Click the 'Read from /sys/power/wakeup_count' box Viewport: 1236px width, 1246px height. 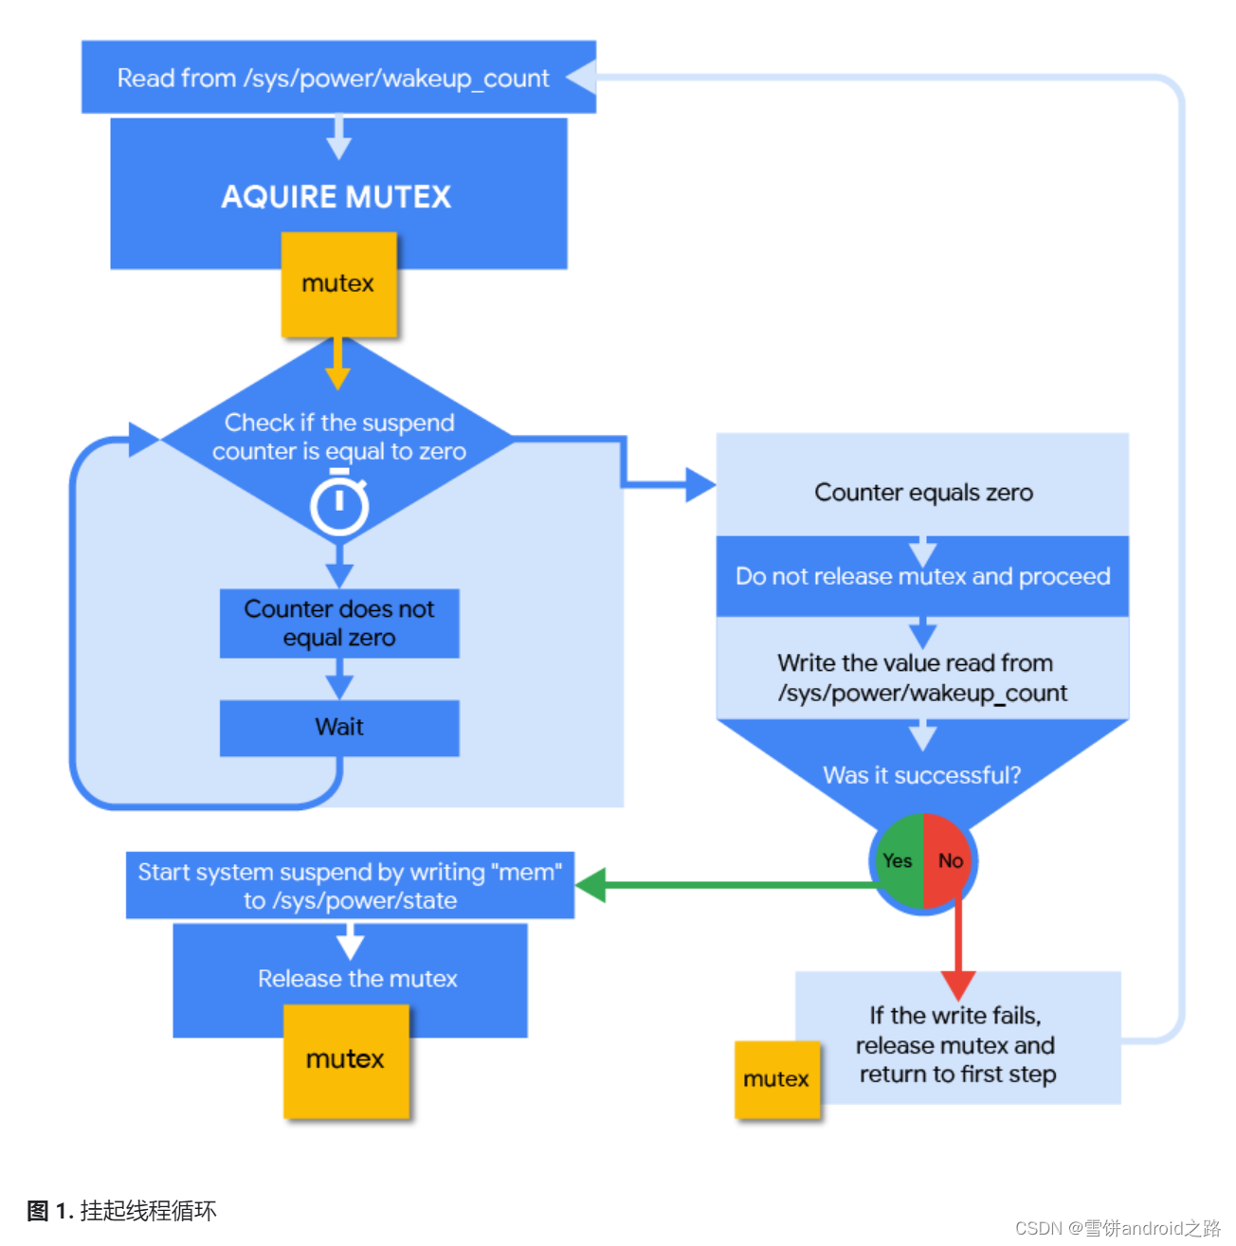coord(333,78)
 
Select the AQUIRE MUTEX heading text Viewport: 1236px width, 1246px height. coord(336,197)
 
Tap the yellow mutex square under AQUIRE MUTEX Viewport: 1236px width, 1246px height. coord(338,284)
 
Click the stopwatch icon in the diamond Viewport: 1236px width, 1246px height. coord(339,507)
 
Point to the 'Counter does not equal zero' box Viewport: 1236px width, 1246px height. coord(339,623)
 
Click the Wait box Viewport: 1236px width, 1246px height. coord(339,728)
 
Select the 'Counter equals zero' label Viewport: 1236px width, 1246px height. coord(923,493)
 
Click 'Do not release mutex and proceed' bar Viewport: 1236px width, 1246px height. coord(922,577)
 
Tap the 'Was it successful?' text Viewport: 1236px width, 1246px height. coord(922,776)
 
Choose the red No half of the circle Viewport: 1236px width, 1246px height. coord(949,860)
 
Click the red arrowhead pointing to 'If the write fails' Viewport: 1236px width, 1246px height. coord(958,985)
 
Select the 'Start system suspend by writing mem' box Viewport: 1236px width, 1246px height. coord(350,886)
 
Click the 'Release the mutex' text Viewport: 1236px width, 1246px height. coord(357,979)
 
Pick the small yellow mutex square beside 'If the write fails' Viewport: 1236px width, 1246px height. coord(776,1080)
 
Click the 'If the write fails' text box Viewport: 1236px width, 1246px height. coord(957,1044)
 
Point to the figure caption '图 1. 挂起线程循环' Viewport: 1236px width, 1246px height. coord(122,1211)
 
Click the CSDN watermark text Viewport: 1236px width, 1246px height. coord(1118,1229)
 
